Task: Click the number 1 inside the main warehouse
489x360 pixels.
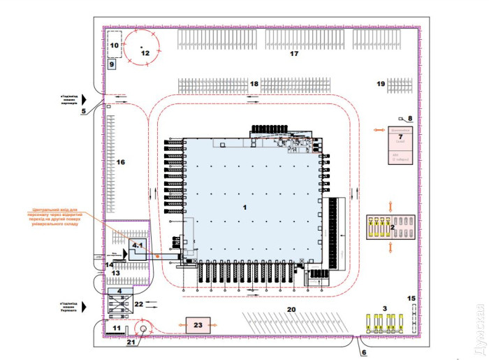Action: pos(245,208)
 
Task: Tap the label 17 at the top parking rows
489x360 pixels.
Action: pos(294,53)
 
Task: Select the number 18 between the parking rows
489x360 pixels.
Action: pos(254,84)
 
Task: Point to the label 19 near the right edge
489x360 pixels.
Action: pos(381,84)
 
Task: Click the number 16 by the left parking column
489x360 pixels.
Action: pos(120,162)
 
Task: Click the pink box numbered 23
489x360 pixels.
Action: pos(198,325)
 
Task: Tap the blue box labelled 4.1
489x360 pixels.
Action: pos(137,247)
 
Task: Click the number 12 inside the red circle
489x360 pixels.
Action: pos(145,53)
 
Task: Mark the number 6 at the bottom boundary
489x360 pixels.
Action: pos(363,352)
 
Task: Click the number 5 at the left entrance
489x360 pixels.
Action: pos(83,111)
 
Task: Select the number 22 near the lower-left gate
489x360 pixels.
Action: pos(139,304)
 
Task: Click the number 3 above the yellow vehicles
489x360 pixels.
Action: pos(384,308)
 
